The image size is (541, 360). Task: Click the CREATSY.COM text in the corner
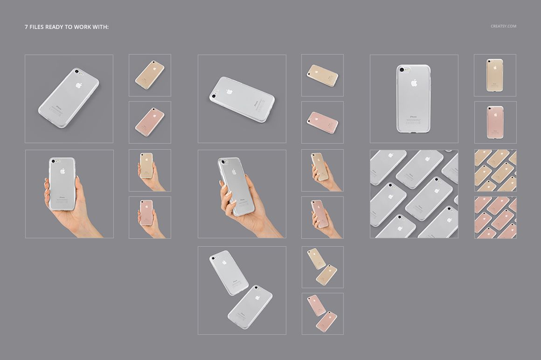tap(503, 26)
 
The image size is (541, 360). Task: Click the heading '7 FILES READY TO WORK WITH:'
tap(67, 27)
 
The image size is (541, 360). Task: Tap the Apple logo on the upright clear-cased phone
tap(414, 83)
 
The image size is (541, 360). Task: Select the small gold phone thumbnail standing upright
tap(495, 75)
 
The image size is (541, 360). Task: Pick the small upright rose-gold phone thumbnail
tap(495, 122)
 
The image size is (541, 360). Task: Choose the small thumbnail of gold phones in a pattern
tap(495, 170)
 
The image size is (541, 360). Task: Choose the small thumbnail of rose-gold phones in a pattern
tap(495, 217)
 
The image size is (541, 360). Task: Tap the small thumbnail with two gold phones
tap(322, 267)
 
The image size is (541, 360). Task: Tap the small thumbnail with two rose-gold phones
tap(322, 313)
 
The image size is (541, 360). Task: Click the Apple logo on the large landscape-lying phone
tap(229, 91)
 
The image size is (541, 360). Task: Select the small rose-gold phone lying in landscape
tap(322, 122)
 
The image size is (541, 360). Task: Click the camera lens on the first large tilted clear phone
tap(77, 71)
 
